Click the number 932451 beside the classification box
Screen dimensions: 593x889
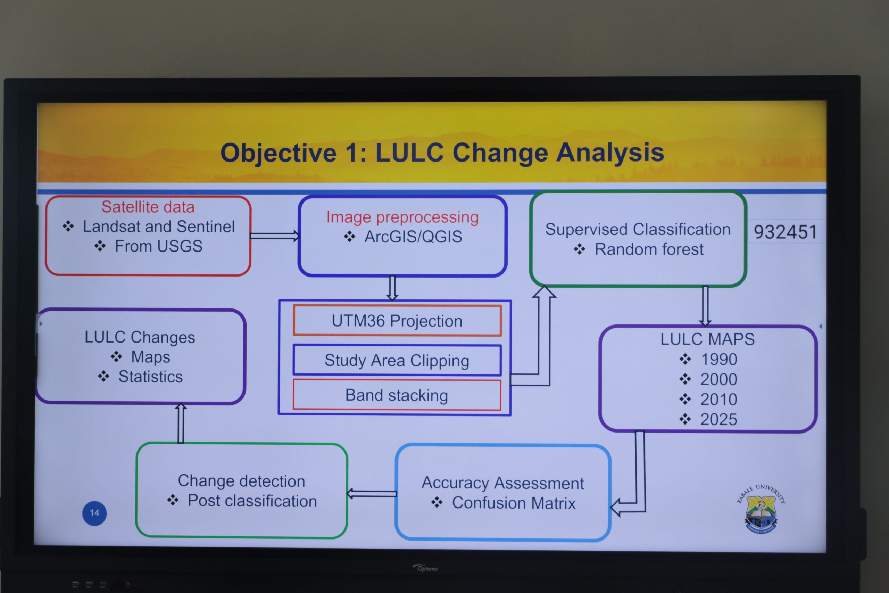pyautogui.click(x=785, y=231)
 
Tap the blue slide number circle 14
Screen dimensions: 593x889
pyautogui.click(x=94, y=513)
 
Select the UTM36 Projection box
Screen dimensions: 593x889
pyautogui.click(x=397, y=321)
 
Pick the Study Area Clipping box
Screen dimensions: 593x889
pyautogui.click(x=397, y=360)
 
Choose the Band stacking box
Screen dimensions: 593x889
pyautogui.click(x=397, y=395)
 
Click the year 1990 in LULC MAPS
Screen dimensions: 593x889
pyautogui.click(x=718, y=359)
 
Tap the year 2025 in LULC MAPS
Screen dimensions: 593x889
pyautogui.click(x=718, y=419)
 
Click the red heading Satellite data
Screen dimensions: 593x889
pyautogui.click(x=148, y=207)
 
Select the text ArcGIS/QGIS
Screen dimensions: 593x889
pyautogui.click(x=413, y=237)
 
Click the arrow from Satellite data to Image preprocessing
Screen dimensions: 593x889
pyautogui.click(x=275, y=236)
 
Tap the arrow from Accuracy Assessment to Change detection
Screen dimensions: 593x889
pyautogui.click(x=372, y=494)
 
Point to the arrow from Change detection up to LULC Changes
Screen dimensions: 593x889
pyautogui.click(x=181, y=423)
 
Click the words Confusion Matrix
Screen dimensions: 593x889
pyautogui.click(x=513, y=503)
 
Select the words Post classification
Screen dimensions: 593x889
pyautogui.click(x=252, y=501)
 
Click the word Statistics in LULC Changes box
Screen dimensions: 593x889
pyautogui.click(x=150, y=377)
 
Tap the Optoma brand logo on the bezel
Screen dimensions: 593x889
pyautogui.click(x=425, y=568)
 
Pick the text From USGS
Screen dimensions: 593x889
pyautogui.click(x=158, y=246)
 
